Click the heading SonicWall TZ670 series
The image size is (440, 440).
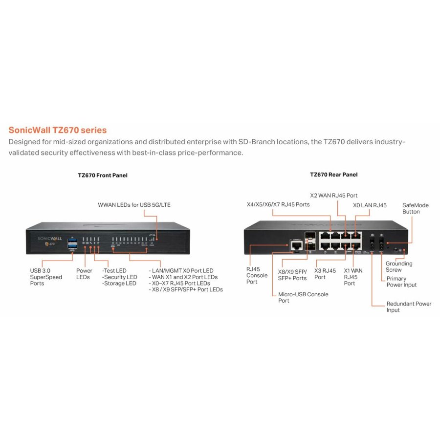[58, 131]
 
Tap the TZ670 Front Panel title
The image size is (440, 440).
[103, 175]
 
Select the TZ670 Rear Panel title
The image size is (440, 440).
[333, 175]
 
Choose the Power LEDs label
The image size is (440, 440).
[84, 274]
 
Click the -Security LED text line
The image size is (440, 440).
[119, 277]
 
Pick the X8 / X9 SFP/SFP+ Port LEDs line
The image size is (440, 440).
[186, 289]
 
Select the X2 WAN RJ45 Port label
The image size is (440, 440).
[334, 196]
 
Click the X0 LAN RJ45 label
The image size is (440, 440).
[370, 205]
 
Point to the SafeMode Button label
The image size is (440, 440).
[415, 208]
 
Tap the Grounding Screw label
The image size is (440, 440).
[399, 266]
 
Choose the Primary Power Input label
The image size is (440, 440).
[401, 282]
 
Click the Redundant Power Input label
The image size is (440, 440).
[409, 307]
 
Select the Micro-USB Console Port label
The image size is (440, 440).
[303, 297]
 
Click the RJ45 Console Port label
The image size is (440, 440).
[257, 275]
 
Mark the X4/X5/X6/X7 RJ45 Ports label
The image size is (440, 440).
[278, 204]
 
